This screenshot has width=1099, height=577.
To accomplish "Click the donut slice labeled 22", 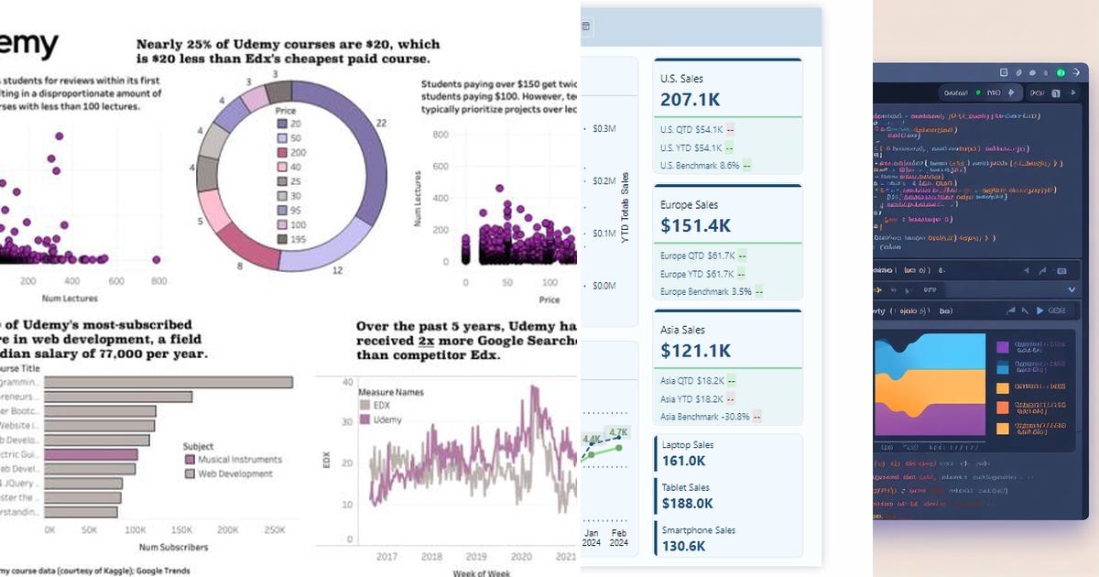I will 362,165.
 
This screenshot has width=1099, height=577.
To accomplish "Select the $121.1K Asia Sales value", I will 695,350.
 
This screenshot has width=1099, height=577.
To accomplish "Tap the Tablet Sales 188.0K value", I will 687,504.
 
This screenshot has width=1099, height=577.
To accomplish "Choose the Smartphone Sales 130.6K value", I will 684,546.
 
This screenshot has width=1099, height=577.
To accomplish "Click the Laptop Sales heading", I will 688,445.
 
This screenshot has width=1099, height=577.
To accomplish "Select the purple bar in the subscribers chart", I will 91,453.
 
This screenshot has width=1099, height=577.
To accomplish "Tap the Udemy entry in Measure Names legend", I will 385,419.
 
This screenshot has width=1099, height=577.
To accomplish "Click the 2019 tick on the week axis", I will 475,557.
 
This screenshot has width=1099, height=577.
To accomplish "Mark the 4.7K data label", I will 617,432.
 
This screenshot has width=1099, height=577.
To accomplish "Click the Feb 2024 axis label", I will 619,538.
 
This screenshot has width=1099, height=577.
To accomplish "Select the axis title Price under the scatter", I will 549,299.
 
